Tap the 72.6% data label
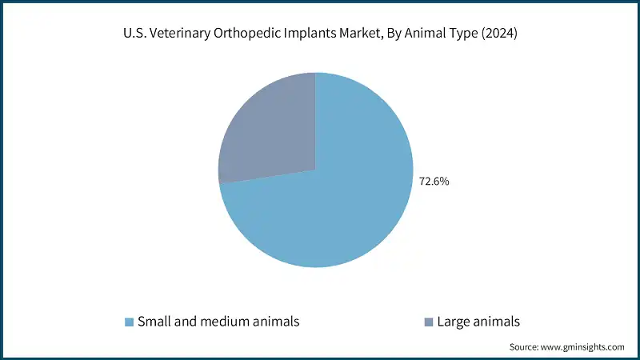point(434,182)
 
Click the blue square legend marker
point(129,322)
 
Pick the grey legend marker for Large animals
point(428,322)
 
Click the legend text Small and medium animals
point(218,322)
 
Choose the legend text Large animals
point(478,322)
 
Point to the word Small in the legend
point(152,322)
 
